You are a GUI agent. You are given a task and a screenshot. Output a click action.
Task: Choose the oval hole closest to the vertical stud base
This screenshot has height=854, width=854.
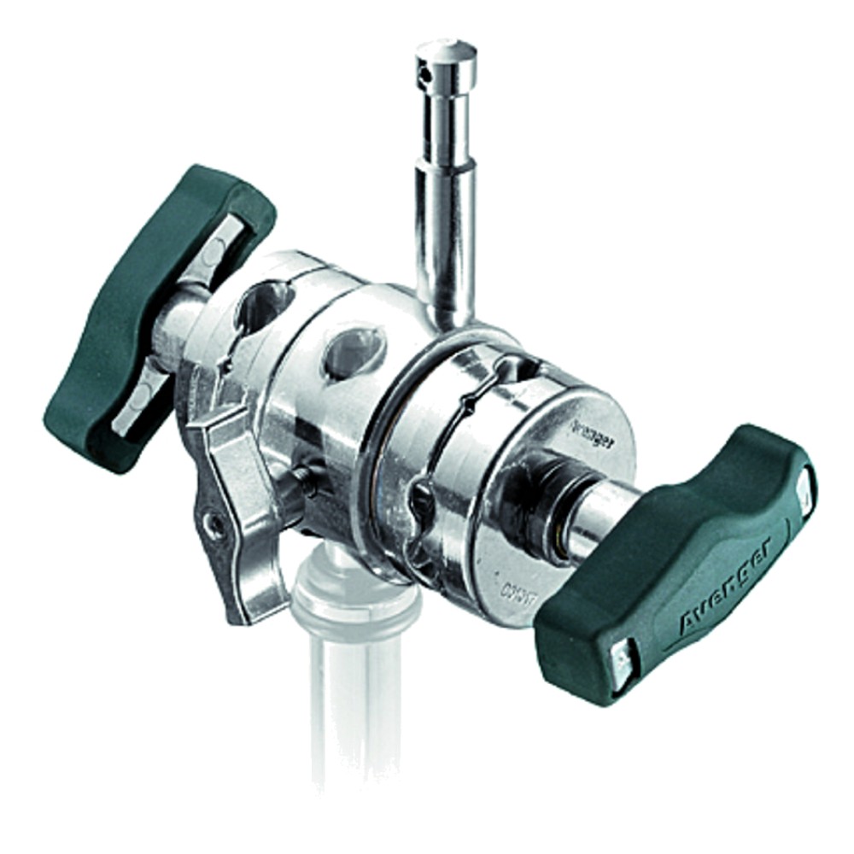click(354, 349)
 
